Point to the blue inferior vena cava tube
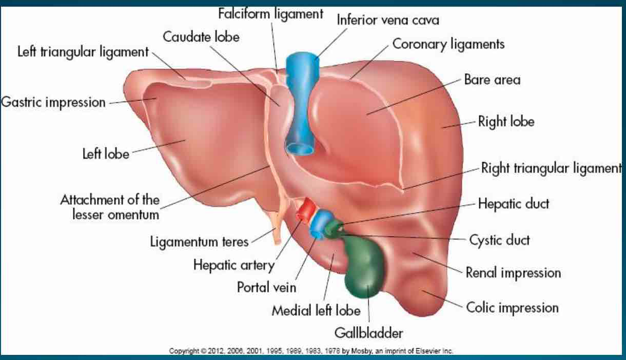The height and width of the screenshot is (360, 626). (x=301, y=103)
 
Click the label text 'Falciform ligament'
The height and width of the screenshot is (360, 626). (x=270, y=14)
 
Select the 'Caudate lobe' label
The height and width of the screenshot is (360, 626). (x=201, y=37)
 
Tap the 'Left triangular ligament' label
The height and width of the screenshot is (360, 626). (x=83, y=52)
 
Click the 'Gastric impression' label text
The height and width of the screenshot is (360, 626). (x=53, y=102)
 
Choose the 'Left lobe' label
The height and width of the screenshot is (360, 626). (x=106, y=153)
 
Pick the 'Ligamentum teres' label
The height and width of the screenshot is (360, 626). (x=199, y=241)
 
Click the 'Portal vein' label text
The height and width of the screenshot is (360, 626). (x=266, y=287)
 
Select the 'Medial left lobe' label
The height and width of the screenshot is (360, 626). (x=316, y=310)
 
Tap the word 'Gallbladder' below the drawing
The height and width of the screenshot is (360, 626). (x=368, y=333)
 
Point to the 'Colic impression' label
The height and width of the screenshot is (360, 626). (x=512, y=308)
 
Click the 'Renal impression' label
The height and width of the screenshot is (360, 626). (x=513, y=272)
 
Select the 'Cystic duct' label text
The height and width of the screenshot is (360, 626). (x=499, y=239)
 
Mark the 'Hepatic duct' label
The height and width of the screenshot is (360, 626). (x=513, y=204)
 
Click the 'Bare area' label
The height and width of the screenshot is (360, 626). (x=492, y=79)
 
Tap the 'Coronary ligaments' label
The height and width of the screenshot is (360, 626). (x=448, y=44)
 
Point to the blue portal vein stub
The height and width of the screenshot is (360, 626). (x=322, y=224)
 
